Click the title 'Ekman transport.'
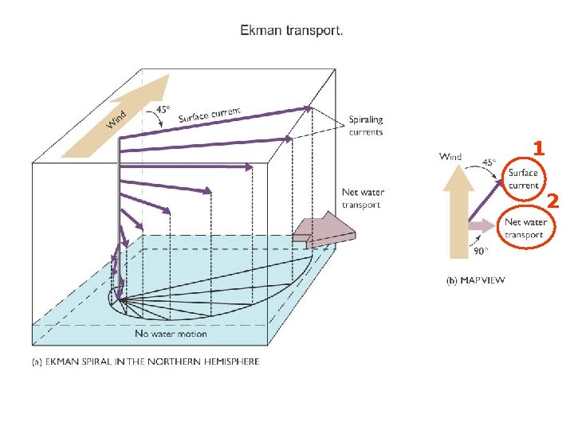point(293,32)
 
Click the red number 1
point(539,149)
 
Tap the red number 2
point(552,199)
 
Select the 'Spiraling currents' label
point(365,126)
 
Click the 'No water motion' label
point(171,334)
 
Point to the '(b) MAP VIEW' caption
point(474,279)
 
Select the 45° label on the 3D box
point(163,109)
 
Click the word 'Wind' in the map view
point(450,157)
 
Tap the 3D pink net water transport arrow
point(324,231)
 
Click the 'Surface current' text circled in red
point(524,179)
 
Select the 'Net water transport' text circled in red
point(525,229)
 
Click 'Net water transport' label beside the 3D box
point(363,198)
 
